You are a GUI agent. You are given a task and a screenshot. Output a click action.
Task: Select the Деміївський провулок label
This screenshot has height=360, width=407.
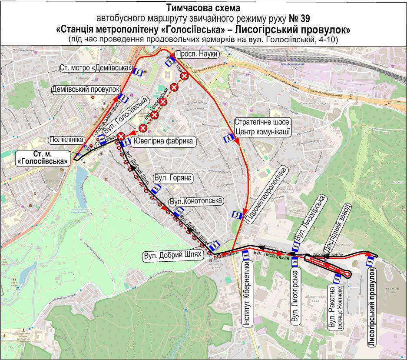[85, 89]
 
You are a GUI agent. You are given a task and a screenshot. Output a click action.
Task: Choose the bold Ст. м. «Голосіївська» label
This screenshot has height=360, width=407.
[43, 157]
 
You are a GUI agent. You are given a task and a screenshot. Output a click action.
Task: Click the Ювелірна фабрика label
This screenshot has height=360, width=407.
[163, 141]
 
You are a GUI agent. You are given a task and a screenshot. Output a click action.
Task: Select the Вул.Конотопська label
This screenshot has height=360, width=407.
[196, 200]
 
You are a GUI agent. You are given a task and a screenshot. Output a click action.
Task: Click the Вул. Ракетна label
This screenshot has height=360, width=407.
[334, 307]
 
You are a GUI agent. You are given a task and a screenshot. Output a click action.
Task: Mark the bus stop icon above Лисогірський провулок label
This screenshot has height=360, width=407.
[370, 261]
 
